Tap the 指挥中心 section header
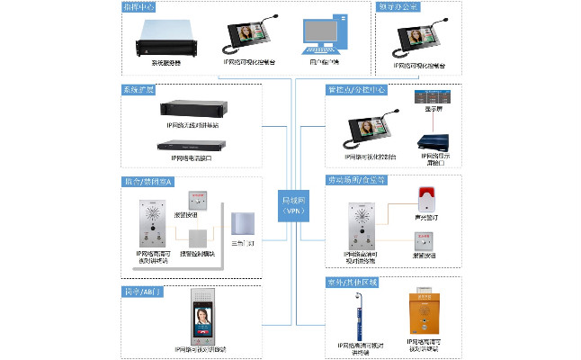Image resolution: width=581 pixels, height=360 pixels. pos(140,6)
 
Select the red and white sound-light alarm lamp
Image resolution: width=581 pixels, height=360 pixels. pos(423,201)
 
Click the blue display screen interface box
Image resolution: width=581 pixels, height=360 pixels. pos(431,141)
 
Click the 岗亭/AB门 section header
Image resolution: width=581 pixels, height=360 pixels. pos(140,292)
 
